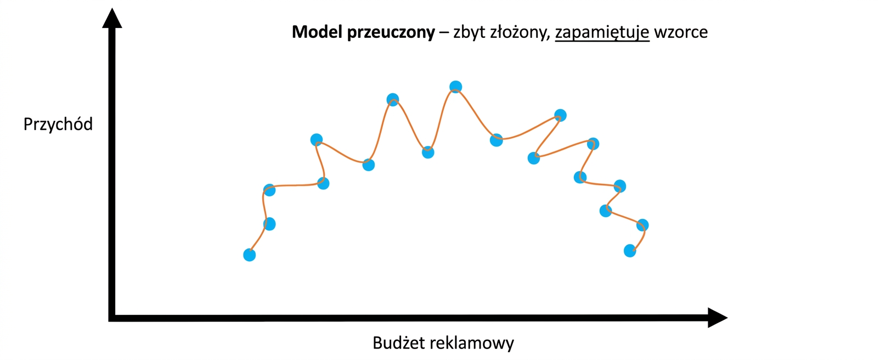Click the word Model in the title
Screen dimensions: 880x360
(x=317, y=32)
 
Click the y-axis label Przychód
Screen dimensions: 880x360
(x=58, y=124)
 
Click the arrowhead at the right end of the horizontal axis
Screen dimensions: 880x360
(x=718, y=318)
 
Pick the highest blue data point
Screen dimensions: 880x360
(x=455, y=87)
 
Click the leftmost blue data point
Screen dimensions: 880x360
(x=250, y=255)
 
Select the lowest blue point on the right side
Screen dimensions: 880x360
(x=630, y=251)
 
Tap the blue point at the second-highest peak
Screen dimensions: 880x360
(x=392, y=99)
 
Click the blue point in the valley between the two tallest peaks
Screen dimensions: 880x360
(x=428, y=153)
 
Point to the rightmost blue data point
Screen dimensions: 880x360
(x=642, y=225)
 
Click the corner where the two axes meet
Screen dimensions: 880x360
(x=112, y=318)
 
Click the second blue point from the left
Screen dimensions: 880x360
(x=269, y=224)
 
